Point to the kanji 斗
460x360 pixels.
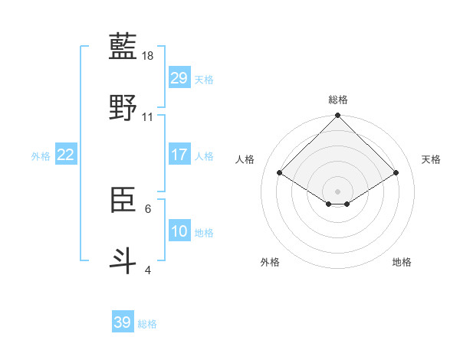(x=124, y=259)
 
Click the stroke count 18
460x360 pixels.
(x=148, y=57)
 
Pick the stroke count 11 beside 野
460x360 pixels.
(x=148, y=117)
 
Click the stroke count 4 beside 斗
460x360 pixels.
(x=148, y=269)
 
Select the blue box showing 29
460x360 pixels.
(x=179, y=78)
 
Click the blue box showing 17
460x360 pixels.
(x=179, y=155)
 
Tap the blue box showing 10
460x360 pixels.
(x=179, y=231)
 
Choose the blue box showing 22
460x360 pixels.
(x=66, y=155)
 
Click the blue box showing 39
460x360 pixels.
(x=123, y=322)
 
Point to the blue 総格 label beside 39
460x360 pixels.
(x=147, y=324)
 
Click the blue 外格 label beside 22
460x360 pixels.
(x=41, y=155)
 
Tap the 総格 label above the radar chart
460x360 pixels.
(x=337, y=100)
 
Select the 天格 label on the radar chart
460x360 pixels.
(x=431, y=159)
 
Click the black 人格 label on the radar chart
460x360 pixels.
(x=245, y=159)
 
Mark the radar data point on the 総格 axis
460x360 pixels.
(x=337, y=116)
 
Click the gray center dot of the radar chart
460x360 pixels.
(x=337, y=191)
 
